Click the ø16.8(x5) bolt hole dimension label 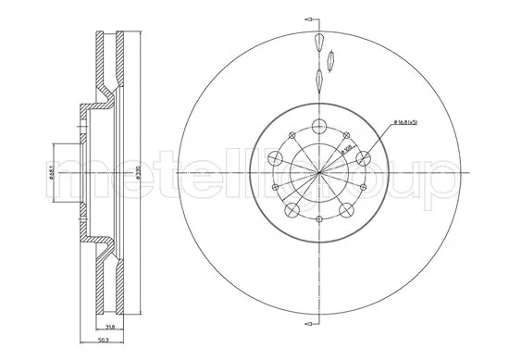[x=408, y=122]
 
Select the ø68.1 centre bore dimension [x=54, y=173]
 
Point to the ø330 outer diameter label [x=135, y=173]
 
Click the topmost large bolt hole [x=319, y=127]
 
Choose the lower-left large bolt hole [x=292, y=210]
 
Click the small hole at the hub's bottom [x=319, y=219]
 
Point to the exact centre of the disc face [x=319, y=173]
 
